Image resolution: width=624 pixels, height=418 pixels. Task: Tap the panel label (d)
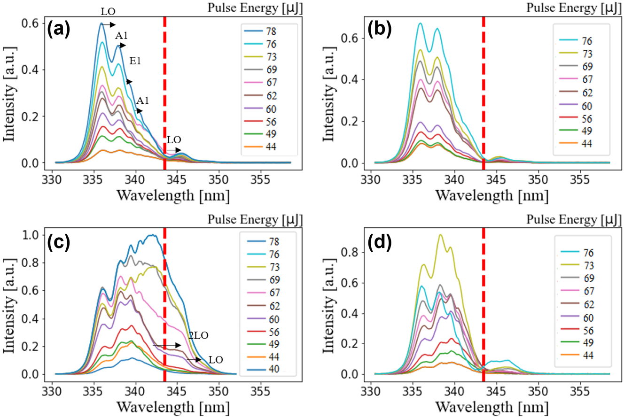pos(377,241)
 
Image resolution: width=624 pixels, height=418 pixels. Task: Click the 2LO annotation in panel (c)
pos(198,335)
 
